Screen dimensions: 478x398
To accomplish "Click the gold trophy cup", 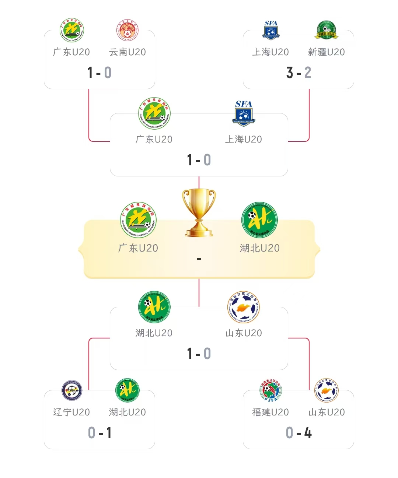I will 199,212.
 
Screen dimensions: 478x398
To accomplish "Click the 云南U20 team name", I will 127,52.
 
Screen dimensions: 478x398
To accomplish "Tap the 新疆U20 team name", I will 326,52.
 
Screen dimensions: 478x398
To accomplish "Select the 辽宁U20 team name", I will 71,412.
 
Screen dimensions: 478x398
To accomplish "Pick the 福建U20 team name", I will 270,412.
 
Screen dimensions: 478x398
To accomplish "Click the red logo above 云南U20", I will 127,30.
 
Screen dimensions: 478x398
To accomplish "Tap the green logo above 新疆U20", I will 327,30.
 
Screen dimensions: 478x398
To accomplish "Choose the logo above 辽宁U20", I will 72,390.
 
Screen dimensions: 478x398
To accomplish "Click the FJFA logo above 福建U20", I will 271,390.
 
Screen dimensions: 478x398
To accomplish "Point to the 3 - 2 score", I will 298,73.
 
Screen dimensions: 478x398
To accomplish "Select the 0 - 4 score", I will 298,433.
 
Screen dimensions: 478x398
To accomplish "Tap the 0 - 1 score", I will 99,433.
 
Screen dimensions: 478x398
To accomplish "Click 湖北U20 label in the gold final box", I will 260,248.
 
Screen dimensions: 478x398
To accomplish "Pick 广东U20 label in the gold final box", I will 138,248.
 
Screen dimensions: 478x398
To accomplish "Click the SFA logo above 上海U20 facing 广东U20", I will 244,113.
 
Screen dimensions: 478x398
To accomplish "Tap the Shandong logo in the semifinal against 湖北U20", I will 244,307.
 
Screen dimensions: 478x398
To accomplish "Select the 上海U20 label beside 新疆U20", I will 270,52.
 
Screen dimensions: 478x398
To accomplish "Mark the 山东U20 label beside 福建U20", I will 327,412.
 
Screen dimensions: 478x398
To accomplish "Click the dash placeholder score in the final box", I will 199,259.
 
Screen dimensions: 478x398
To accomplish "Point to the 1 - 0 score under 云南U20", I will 99,73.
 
